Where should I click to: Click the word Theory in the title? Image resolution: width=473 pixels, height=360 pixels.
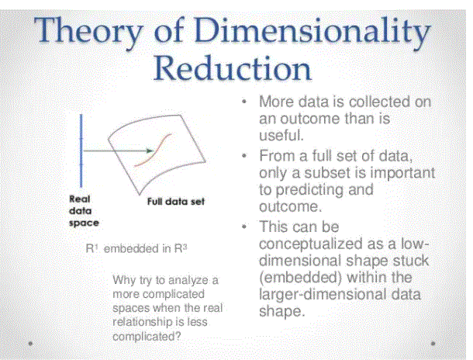click(88, 33)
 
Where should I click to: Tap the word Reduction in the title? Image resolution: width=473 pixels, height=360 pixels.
click(233, 68)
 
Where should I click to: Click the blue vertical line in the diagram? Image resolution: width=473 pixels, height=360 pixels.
click(81, 151)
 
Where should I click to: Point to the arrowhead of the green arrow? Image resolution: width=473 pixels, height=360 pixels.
click(150, 151)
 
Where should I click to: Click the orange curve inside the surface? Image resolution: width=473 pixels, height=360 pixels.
click(152, 151)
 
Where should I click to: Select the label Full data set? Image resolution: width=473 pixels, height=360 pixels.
click(176, 202)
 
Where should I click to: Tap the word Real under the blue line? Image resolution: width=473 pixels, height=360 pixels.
click(80, 199)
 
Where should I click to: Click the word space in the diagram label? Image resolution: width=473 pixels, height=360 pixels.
click(84, 223)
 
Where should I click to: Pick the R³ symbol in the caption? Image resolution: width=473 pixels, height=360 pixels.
click(181, 248)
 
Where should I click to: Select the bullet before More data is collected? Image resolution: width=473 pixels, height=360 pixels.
click(244, 102)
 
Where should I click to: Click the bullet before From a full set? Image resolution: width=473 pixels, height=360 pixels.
click(244, 156)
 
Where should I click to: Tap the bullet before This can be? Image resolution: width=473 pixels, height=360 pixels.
click(244, 227)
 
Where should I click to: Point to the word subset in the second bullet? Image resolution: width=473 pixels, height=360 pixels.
click(326, 172)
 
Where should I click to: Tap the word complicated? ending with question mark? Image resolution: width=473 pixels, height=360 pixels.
click(147, 336)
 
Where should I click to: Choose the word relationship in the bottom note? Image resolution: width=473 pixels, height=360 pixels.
click(142, 322)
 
